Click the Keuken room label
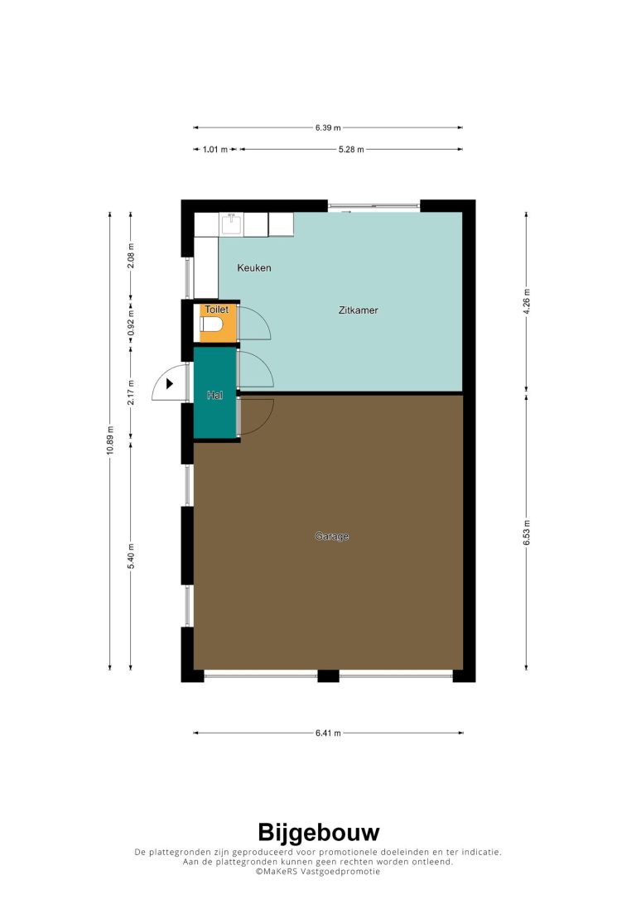(254, 267)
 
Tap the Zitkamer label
(358, 310)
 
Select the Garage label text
(332, 536)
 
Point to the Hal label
(214, 395)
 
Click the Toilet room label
(217, 309)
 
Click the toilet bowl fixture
(211, 325)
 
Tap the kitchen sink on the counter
(232, 223)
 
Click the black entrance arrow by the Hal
(170, 383)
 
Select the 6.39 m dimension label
(328, 127)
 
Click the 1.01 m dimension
(215, 150)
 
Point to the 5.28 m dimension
(351, 150)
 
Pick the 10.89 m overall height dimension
(110, 440)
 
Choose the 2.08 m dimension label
(131, 256)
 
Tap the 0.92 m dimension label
(131, 323)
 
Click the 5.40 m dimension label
(131, 556)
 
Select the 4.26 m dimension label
(527, 300)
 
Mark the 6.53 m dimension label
(527, 532)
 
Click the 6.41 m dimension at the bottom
(328, 733)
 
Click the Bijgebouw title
(318, 832)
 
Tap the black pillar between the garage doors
(328, 676)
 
